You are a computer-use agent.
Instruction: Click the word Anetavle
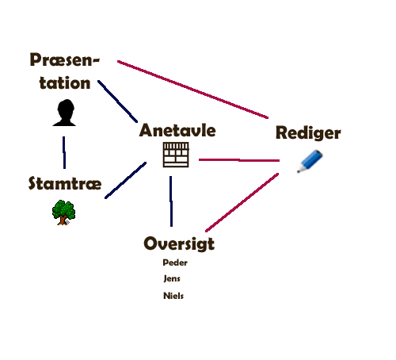tap(177, 130)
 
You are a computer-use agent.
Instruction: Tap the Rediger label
tap(308, 132)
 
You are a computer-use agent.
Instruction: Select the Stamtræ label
tap(65, 183)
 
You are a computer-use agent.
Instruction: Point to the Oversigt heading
tap(179, 243)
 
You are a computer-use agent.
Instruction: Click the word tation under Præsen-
tap(65, 82)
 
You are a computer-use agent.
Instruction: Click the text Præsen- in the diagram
tap(65, 59)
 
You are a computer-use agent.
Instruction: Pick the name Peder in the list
tap(175, 262)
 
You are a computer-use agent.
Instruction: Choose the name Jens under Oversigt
tap(172, 278)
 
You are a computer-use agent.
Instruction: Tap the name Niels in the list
tap(173, 296)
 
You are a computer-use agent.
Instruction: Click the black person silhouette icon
tap(64, 113)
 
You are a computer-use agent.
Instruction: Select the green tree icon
tap(63, 213)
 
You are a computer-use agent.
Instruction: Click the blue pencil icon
tap(310, 161)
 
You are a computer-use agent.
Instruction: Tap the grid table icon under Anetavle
tap(176, 155)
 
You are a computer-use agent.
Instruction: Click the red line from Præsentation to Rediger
tap(192, 90)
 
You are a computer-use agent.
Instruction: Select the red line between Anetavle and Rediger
tap(239, 160)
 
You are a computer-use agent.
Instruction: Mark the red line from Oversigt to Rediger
tap(242, 202)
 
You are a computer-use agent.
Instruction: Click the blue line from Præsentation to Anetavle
tap(117, 101)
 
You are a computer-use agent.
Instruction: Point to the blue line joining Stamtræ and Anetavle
tap(125, 180)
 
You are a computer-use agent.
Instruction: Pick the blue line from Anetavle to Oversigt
tap(171, 201)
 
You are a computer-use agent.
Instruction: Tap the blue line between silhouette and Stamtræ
tap(64, 152)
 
